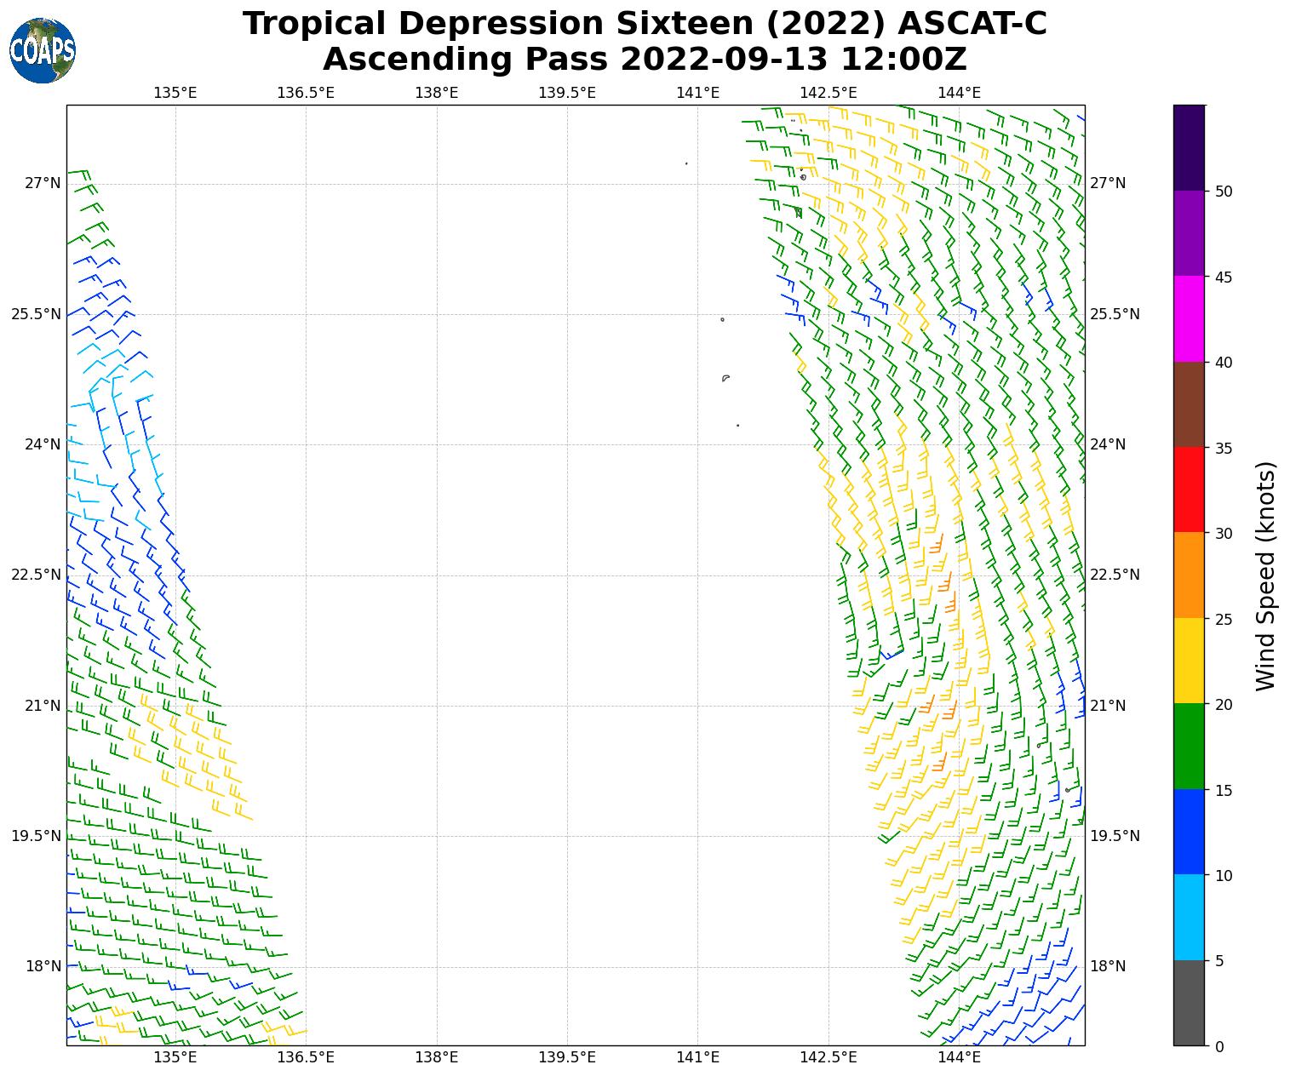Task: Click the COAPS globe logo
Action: click(43, 51)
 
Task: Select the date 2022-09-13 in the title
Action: click(722, 60)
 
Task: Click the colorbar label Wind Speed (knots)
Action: click(1266, 576)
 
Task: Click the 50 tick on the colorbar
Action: click(1224, 192)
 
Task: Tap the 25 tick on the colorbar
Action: click(1224, 619)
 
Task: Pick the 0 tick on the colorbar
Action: click(1219, 1046)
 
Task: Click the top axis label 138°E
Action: click(437, 93)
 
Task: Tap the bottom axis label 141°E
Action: click(698, 1058)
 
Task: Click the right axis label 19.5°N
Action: click(1115, 836)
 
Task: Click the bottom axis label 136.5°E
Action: click(306, 1058)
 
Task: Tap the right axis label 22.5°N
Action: click(1115, 575)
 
